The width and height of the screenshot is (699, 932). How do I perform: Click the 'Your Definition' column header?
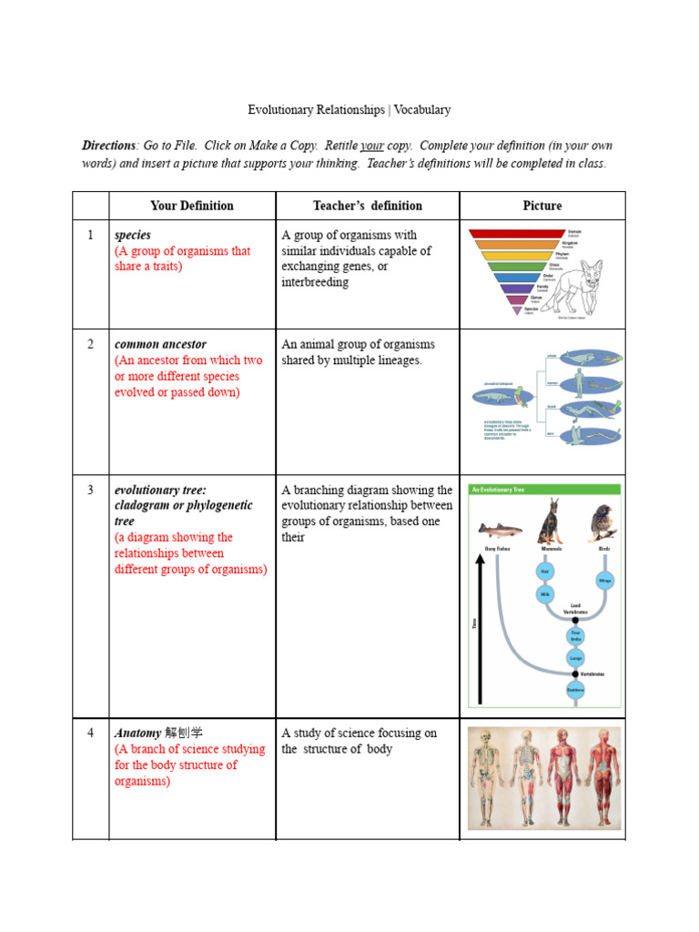[x=192, y=206]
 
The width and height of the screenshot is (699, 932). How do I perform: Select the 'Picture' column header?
[x=542, y=206]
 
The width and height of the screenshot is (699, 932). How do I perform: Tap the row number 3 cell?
[x=90, y=490]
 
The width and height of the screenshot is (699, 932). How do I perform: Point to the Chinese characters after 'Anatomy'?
[x=184, y=733]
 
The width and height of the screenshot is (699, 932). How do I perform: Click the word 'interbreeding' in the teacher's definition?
[x=315, y=282]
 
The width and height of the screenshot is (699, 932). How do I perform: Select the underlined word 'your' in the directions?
[x=371, y=146]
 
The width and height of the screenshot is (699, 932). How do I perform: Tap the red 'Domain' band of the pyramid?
[x=517, y=234]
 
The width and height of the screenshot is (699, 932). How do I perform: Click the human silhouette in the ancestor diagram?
[x=579, y=384]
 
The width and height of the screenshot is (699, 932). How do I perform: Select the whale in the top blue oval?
[x=580, y=358]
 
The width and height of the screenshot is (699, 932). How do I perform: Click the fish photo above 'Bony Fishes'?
[x=500, y=530]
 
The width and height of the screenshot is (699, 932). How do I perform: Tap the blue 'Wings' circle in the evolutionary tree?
[x=603, y=580]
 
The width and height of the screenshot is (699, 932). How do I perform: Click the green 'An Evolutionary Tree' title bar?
[x=544, y=490]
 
